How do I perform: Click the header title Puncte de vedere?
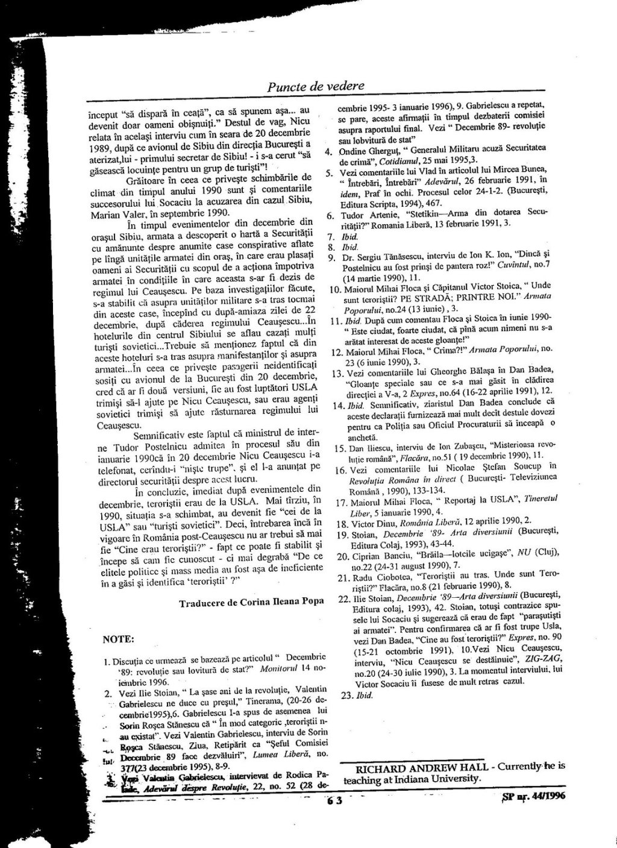(x=316, y=86)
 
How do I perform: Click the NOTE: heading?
(x=119, y=638)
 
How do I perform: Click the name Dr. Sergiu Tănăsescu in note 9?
(x=385, y=258)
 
